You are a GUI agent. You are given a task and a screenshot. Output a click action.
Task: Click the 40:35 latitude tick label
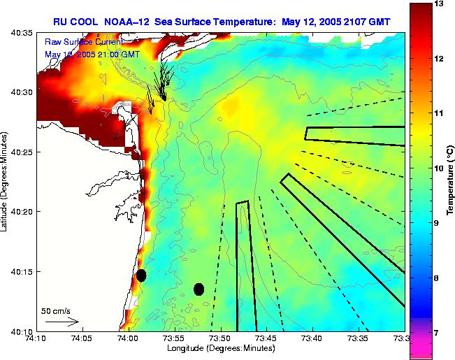click(22, 33)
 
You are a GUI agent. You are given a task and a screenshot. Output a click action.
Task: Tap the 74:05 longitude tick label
click(82, 338)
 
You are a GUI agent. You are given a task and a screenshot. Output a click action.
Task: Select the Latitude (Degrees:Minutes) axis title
click(5, 181)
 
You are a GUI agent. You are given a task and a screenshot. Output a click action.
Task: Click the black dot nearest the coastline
click(141, 275)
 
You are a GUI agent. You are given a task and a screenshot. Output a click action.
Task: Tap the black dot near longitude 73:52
click(199, 289)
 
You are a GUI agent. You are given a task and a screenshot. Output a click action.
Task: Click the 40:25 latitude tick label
click(22, 152)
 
